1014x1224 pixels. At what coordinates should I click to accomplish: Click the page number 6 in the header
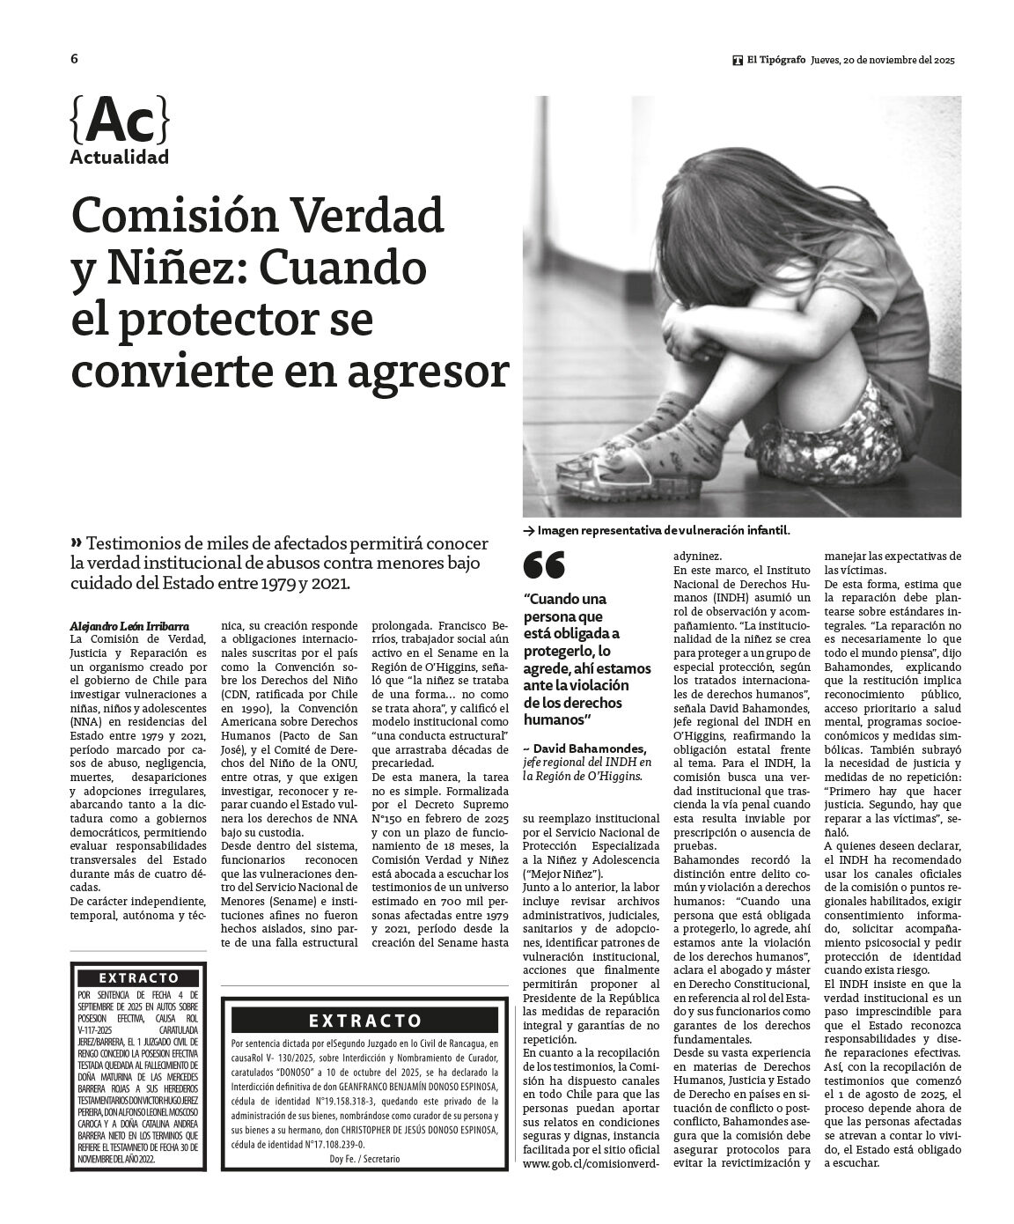[x=75, y=59]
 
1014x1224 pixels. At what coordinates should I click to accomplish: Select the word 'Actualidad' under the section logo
[x=119, y=158]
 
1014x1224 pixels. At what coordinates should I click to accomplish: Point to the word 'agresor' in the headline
[x=429, y=370]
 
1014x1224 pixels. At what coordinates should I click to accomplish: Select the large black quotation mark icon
[x=544, y=564]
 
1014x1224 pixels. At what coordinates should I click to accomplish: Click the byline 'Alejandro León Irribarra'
[x=129, y=624]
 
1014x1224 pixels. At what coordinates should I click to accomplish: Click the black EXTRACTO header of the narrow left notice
[x=138, y=977]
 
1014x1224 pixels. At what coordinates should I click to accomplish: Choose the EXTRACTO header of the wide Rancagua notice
[x=364, y=1021]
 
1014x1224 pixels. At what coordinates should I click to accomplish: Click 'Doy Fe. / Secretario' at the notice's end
[x=364, y=1159]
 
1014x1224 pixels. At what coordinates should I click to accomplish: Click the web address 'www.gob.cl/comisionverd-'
[x=591, y=1163]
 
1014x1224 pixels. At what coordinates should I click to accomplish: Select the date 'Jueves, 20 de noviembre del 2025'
[x=883, y=60]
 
